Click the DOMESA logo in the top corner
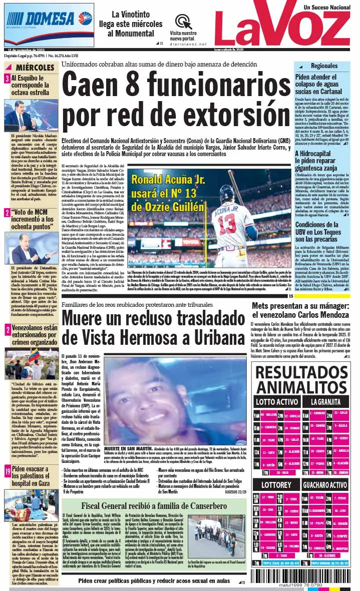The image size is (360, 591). click(49, 19)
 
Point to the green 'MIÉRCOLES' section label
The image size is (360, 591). click(34, 67)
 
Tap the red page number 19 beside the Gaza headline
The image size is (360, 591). click(8, 471)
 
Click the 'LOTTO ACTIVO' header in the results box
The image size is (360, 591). click(277, 401)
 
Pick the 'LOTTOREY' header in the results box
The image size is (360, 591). click(276, 484)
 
